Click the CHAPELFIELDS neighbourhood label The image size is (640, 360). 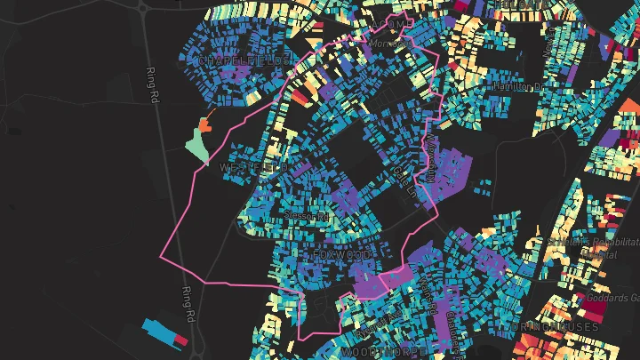(x=243, y=60)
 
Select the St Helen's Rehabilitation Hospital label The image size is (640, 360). (x=591, y=247)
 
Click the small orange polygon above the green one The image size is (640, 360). (x=206, y=121)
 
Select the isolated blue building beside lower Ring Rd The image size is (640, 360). (x=162, y=327)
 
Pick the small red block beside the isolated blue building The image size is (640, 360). (x=181, y=340)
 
